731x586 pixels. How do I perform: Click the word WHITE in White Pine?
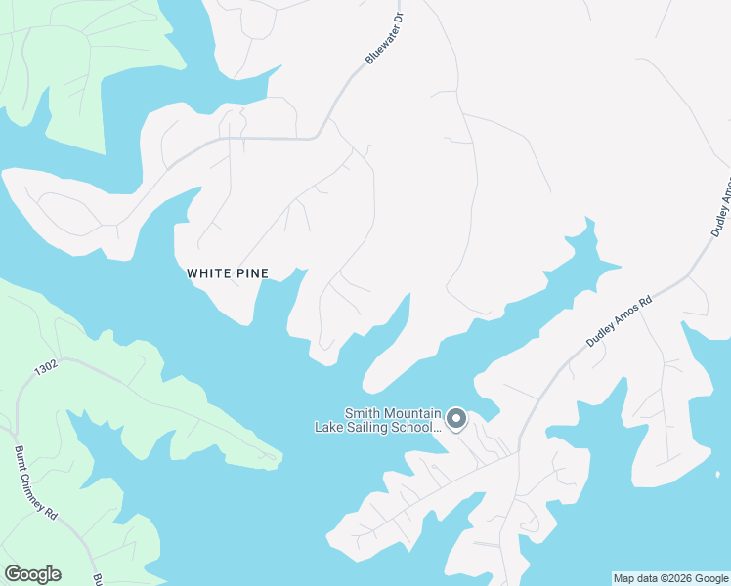(207, 273)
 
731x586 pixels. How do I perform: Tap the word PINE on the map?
(249, 273)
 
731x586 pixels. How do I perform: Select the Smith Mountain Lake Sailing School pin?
(456, 420)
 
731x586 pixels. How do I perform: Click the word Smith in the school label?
(362, 414)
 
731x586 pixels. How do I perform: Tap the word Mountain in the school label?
(412, 414)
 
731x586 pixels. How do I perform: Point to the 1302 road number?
(46, 369)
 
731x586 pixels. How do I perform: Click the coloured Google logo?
(32, 574)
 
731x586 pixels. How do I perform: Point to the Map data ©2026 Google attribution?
(670, 578)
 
